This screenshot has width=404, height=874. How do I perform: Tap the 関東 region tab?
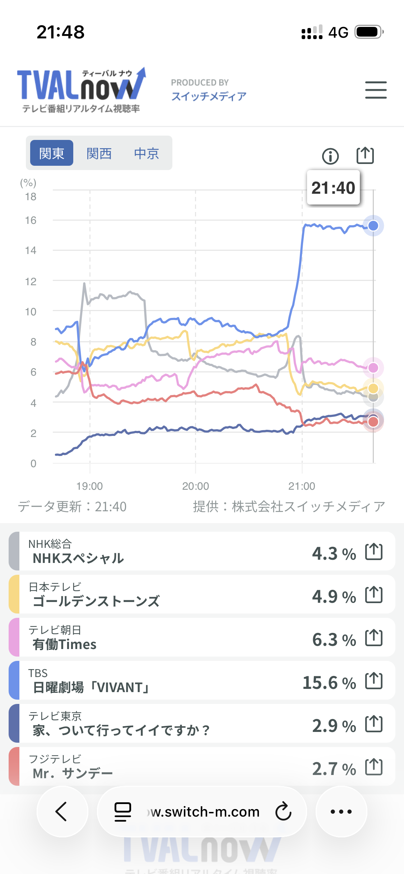point(52,153)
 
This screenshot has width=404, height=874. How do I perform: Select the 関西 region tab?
point(99,153)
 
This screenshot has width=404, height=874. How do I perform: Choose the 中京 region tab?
point(147,153)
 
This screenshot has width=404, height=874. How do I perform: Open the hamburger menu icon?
point(376,90)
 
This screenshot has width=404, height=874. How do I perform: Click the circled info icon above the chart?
point(330,156)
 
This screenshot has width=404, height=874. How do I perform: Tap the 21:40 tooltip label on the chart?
point(333,188)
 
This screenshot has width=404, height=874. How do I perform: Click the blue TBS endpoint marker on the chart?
point(373,226)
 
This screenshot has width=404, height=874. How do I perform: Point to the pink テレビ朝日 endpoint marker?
point(373,368)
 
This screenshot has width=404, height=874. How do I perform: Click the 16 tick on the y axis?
point(31,220)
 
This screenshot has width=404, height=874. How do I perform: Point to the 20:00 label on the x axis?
point(195,486)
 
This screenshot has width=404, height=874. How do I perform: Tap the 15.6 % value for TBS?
point(329,683)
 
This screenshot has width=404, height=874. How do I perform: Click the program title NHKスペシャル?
point(78,558)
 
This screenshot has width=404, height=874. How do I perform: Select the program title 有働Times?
point(65,644)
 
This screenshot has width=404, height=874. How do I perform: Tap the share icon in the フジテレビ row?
point(374,767)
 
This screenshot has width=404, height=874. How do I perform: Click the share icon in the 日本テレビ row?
point(374,595)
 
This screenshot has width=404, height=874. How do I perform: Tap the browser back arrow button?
point(62,812)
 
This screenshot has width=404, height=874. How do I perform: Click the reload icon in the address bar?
point(283,812)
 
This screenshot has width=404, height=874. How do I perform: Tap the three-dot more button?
point(341,812)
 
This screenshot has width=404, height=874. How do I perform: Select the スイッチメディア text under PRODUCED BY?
point(209,96)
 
